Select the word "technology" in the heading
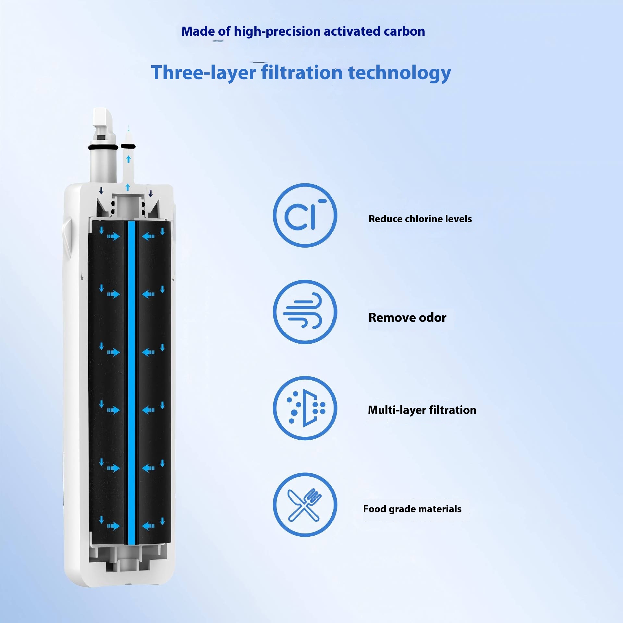[x=399, y=72]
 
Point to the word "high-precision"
[x=277, y=32]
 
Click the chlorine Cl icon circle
[x=305, y=215]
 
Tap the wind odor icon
[x=305, y=312]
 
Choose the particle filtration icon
[x=305, y=408]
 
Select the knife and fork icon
[x=305, y=505]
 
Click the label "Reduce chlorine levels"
[x=420, y=219]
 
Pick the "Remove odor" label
[x=407, y=317]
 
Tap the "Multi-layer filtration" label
[x=422, y=410]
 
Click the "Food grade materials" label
[x=412, y=509]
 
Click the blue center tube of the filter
[x=131, y=383]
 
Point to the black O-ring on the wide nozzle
[x=103, y=147]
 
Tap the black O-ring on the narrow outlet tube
[x=128, y=146]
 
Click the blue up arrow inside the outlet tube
[x=128, y=159]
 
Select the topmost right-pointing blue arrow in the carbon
[x=114, y=236]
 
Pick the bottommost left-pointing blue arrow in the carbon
[x=148, y=526]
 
